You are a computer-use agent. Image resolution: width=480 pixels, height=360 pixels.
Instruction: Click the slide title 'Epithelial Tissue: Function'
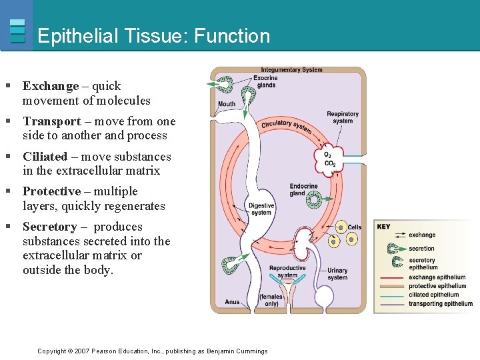(x=154, y=36)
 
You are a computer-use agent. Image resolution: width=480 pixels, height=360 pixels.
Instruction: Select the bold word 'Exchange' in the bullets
(x=51, y=86)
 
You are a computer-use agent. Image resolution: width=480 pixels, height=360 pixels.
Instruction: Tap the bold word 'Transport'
(x=52, y=121)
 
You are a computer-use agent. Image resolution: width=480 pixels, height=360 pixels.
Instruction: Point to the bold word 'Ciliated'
(x=45, y=157)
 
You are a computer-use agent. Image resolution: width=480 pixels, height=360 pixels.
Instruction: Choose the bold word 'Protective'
(x=52, y=191)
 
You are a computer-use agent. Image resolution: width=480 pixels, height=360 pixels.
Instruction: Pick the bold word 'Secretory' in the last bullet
(x=50, y=227)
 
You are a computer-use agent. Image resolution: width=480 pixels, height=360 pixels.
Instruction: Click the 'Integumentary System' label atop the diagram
(x=291, y=70)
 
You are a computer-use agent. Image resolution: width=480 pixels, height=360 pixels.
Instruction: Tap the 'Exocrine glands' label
(x=266, y=81)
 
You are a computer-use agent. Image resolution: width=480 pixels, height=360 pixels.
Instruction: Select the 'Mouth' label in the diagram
(x=227, y=104)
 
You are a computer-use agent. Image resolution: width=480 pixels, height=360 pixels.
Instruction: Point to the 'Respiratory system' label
(x=342, y=117)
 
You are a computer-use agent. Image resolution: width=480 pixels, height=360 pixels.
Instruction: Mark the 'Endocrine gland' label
(x=303, y=190)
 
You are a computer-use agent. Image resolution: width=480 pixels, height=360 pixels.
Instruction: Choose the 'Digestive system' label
(x=261, y=209)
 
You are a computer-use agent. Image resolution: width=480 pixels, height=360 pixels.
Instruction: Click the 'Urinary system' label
(x=337, y=274)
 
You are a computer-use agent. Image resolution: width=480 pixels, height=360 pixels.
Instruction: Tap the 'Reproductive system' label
(x=287, y=271)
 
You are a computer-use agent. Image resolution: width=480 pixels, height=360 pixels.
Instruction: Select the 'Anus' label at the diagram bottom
(x=232, y=302)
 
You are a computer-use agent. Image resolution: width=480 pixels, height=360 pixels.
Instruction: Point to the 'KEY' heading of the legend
(x=384, y=227)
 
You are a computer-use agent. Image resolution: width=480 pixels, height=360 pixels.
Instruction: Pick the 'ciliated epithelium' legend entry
(x=433, y=295)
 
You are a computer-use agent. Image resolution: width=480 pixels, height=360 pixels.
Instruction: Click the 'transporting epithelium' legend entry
(x=440, y=304)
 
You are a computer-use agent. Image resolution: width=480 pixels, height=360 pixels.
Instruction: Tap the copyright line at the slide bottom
(x=152, y=351)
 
